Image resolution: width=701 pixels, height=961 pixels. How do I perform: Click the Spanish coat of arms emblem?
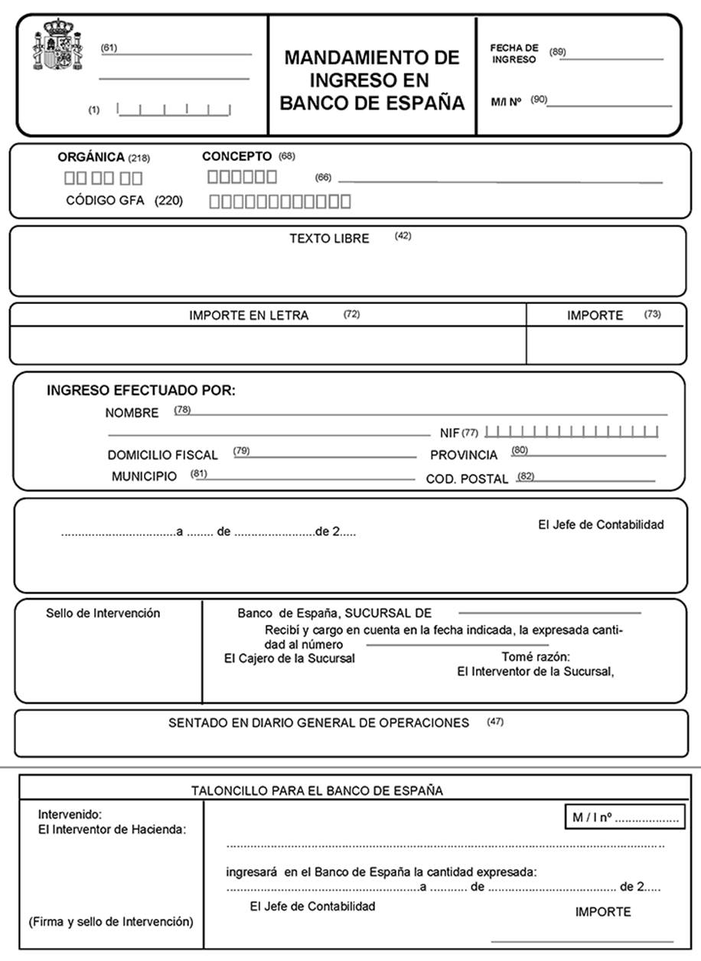tap(52, 45)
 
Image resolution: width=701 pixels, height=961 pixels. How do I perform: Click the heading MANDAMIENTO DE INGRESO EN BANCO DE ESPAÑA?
tap(372, 80)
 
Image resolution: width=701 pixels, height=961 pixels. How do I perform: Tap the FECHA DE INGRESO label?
tap(514, 54)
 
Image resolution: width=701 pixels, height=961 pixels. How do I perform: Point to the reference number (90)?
tap(539, 99)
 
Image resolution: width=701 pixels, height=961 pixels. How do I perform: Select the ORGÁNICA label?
tap(90, 157)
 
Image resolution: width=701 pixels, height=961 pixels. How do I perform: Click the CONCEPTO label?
tap(236, 156)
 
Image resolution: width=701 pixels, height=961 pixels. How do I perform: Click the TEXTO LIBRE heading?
tap(329, 238)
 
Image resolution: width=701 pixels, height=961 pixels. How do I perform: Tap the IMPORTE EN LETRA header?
tap(249, 315)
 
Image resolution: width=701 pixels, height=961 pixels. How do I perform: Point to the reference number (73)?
tap(652, 314)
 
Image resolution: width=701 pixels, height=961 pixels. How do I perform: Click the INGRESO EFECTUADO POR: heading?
tap(141, 390)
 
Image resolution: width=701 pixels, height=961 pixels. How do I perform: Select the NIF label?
tap(449, 433)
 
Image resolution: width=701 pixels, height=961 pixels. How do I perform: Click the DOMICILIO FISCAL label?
tap(162, 455)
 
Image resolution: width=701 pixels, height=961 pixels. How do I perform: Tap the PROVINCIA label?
tap(463, 455)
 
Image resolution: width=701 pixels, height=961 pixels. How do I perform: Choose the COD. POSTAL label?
tap(467, 479)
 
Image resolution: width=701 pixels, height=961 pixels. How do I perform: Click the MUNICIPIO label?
tap(144, 476)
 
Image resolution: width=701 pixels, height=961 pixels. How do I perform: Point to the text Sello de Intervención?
tap(103, 613)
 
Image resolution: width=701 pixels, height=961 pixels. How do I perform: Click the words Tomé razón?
tap(536, 657)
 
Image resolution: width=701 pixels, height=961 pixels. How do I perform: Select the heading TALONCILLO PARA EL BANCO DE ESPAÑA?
tap(317, 790)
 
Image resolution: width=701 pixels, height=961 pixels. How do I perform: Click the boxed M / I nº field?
tap(624, 818)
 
